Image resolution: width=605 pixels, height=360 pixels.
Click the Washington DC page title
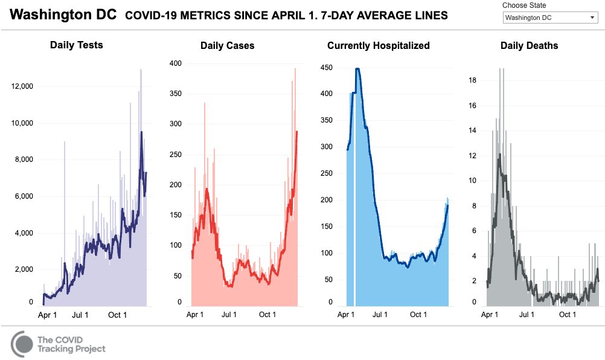tap(63, 15)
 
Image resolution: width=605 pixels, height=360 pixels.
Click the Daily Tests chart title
tap(76, 45)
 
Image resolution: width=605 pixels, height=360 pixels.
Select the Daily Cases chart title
tap(227, 46)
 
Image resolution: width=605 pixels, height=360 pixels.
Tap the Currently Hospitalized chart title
tap(379, 46)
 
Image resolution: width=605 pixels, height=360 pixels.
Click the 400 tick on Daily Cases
tap(175, 63)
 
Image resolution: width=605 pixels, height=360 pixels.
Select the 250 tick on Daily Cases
tap(175, 155)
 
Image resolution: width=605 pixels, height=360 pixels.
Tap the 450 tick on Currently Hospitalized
tap(327, 67)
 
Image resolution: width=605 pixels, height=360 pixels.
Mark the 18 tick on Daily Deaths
tap(473, 80)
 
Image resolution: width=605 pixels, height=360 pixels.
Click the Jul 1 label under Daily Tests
tap(80, 315)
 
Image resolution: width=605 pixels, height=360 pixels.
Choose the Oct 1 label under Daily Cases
tap(267, 315)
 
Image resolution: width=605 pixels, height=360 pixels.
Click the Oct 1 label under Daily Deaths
tap(567, 315)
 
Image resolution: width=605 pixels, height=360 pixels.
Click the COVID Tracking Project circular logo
tap(22, 344)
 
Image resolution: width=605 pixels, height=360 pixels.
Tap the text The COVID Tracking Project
tap(71, 344)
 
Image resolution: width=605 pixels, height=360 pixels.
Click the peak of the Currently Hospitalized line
tap(357, 69)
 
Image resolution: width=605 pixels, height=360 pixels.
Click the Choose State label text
tap(523, 5)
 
